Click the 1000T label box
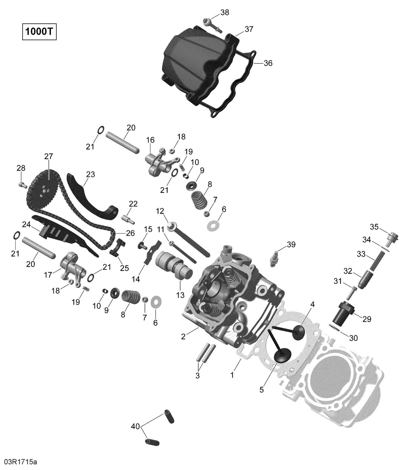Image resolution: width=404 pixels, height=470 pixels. coord(39,32)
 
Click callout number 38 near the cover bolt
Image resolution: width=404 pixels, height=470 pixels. coord(225,12)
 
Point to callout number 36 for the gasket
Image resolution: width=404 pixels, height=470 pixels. coord(268,63)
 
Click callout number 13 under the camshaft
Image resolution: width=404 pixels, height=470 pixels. coord(180,295)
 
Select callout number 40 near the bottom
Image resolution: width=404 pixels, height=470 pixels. coord(135,426)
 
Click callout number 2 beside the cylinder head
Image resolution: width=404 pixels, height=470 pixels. coord(183,336)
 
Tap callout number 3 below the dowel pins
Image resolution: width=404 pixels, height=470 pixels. coord(197,376)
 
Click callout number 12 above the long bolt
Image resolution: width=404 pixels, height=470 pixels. coord(160,211)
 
